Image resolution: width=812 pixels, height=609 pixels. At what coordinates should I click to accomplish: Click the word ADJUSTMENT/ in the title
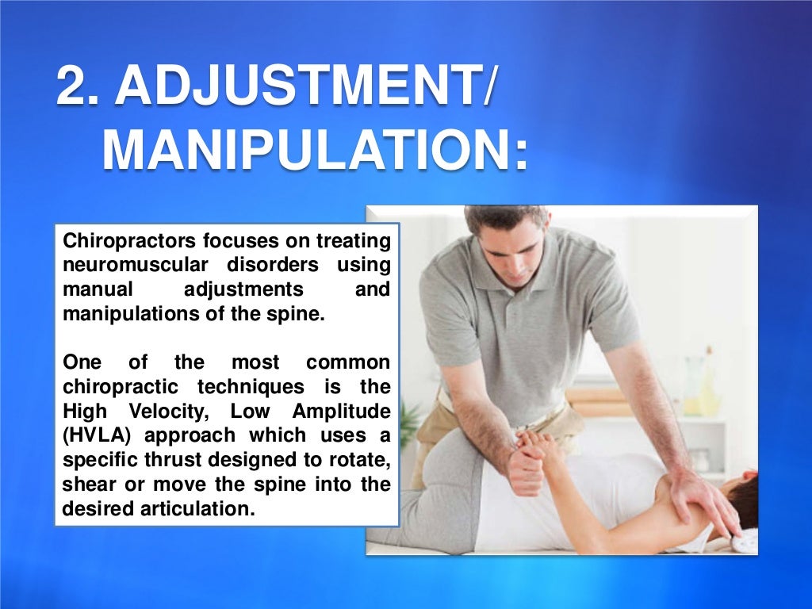coord(305,88)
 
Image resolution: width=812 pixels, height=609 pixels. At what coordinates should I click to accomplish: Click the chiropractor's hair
coord(507,217)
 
